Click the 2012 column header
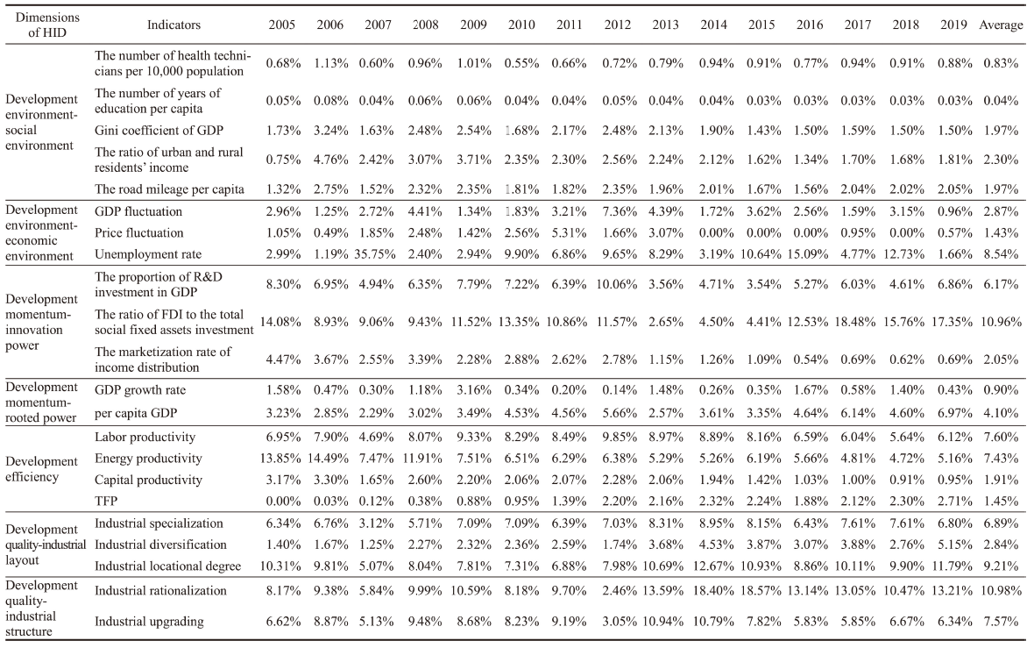[x=617, y=25]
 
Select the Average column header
[x=1001, y=25]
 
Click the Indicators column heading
[x=174, y=25]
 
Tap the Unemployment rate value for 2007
[x=376, y=254]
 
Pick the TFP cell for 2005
[x=284, y=501]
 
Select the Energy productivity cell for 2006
[x=329, y=458]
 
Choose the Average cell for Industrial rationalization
[x=1001, y=591]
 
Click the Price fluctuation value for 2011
[x=569, y=232]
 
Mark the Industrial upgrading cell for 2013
[x=665, y=621]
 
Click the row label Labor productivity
[x=145, y=437]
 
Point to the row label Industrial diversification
[x=160, y=545]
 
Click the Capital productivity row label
[x=148, y=480]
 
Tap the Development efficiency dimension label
[x=41, y=469]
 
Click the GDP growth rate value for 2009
[x=473, y=390]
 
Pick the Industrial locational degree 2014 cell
[x=712, y=566]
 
